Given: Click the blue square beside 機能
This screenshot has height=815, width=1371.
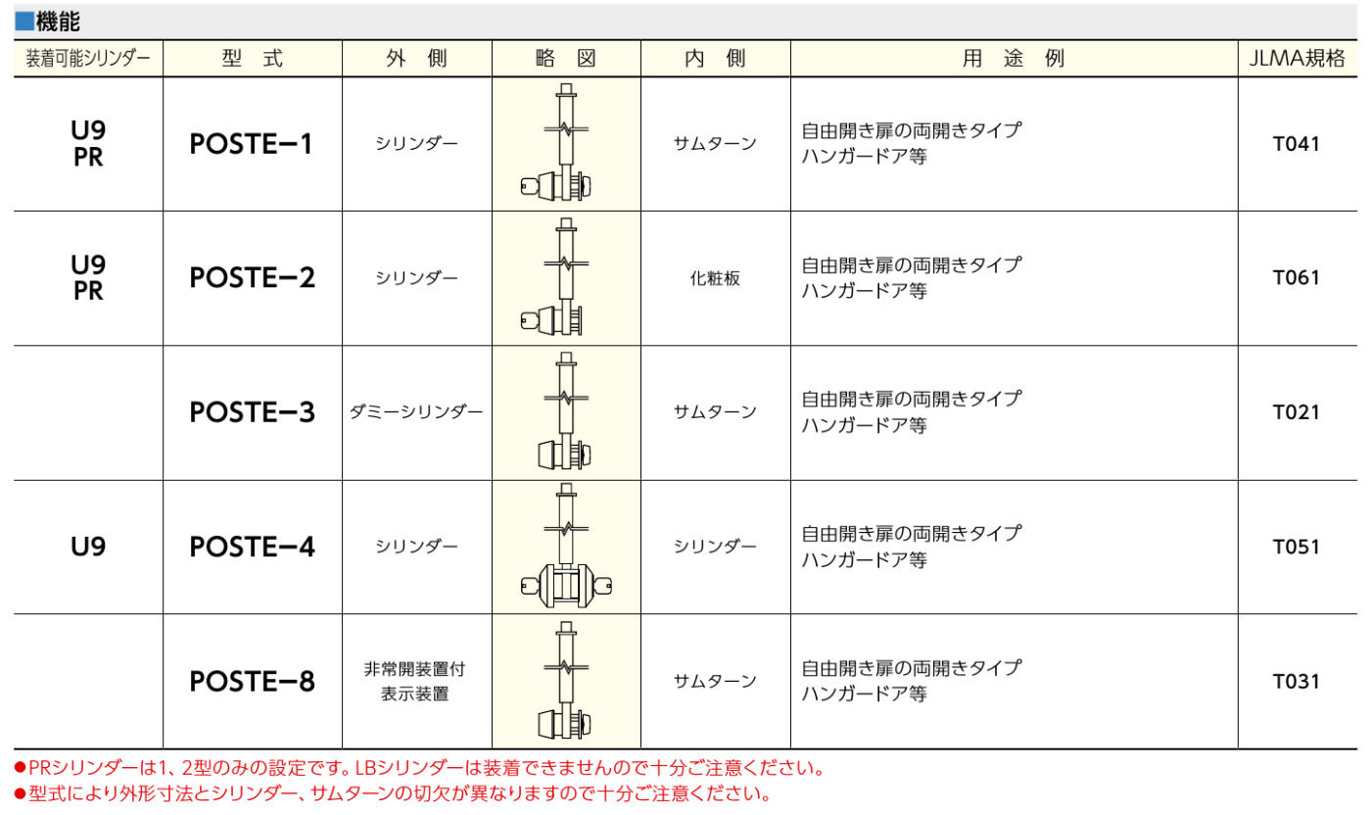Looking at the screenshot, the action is coord(24,22).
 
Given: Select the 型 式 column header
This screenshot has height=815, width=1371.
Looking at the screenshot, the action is coord(253,58).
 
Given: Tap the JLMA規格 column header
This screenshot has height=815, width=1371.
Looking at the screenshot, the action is coord(1297,58).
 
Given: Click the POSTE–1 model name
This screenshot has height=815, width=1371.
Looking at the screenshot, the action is coord(251,144).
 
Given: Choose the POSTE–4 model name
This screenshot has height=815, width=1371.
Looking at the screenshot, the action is coord(253,547).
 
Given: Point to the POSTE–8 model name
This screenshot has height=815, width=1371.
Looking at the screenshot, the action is coord(253,681).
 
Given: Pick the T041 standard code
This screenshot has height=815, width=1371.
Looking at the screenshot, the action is coord(1296,144).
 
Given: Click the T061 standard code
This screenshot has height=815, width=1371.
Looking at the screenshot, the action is coord(1296,278).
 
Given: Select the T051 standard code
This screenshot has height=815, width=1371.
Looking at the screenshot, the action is coord(1296,547).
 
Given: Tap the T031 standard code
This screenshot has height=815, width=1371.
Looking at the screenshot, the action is coord(1296,681).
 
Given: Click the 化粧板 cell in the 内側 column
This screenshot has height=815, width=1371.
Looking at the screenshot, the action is coord(715,278).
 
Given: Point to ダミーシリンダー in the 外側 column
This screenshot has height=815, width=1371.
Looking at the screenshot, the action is coord(416,412).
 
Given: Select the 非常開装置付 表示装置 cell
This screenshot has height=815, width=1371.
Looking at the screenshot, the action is coord(415,681).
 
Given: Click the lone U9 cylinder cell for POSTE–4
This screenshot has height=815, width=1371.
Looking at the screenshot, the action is coord(88,547).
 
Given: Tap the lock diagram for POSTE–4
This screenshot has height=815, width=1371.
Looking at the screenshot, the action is coord(566,546).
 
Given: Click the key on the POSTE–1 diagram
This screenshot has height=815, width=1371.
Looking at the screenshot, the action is coord(530,185).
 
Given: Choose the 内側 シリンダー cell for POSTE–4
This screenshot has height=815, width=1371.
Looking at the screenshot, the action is coord(715,547).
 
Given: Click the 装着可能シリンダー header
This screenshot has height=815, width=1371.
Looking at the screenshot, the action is coord(88,58).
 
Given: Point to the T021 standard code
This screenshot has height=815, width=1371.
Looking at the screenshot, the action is coord(1296,412).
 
